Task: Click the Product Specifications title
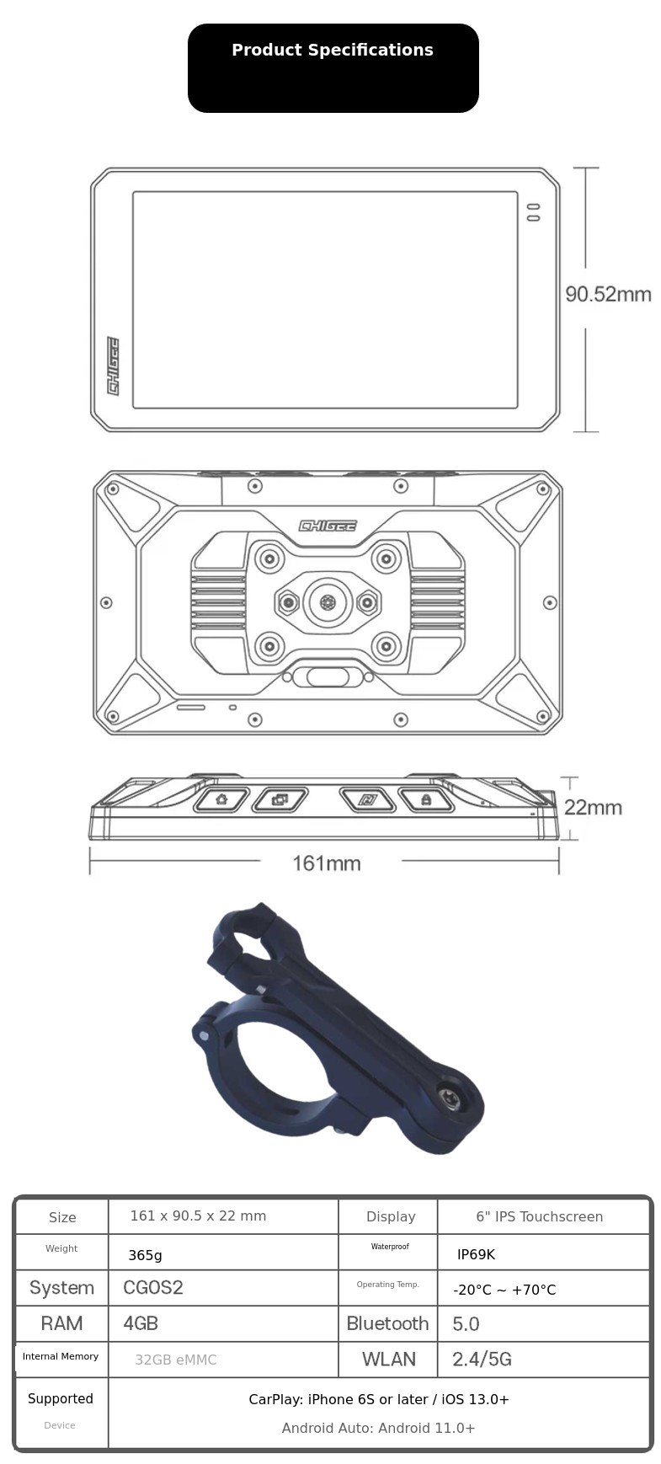333,51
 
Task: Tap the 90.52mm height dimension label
608,294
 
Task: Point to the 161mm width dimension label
327,863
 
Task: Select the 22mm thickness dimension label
593,807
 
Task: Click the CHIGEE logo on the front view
113,366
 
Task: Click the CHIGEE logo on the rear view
328,526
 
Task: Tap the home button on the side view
221,799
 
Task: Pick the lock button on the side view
426,799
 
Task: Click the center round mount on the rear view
328,602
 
